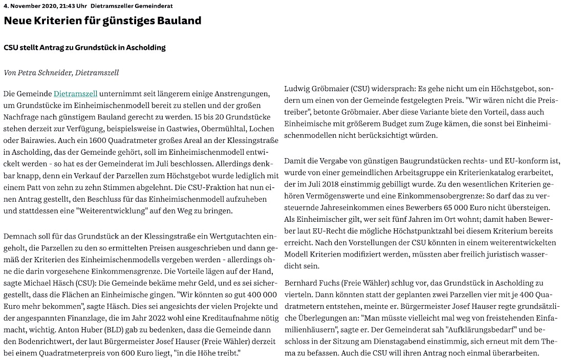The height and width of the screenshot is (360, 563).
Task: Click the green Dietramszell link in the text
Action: [x=75, y=94]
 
